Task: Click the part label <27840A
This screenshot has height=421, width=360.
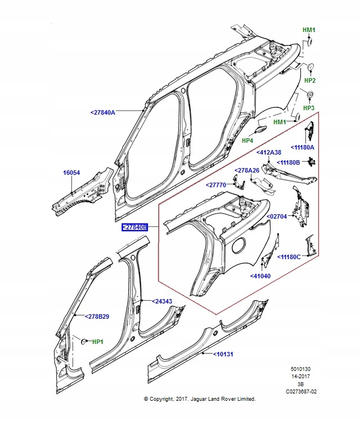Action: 102,112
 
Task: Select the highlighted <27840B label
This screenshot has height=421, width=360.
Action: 135,227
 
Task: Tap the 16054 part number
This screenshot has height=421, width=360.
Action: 71,174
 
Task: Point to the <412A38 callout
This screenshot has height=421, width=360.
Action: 269,152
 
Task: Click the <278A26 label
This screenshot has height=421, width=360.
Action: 247,170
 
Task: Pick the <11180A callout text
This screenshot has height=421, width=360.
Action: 303,147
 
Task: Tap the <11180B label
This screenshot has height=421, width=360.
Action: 289,162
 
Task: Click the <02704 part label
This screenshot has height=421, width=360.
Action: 277,215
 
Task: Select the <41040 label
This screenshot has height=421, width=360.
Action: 261,276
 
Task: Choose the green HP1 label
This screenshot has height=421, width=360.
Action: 98,341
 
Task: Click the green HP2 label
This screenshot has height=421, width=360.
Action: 309,80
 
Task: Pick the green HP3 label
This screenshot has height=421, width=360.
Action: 309,107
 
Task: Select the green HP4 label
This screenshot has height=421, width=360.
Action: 247,140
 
